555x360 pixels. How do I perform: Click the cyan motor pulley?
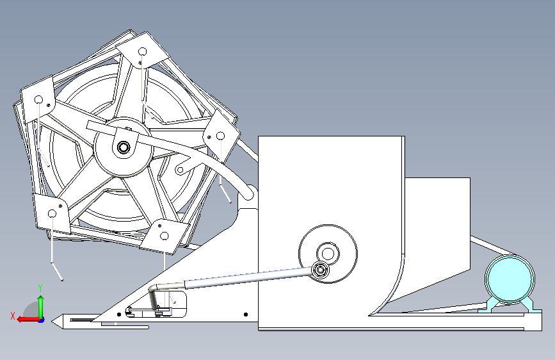click(510, 279)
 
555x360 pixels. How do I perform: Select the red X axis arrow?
click(29, 320)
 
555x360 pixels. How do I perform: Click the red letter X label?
click(13, 316)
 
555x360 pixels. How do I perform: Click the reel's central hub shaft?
click(124, 147)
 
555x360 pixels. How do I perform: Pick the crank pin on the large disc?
click(320, 270)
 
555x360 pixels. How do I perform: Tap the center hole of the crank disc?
click(328, 254)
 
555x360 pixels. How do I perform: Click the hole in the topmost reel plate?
click(143, 52)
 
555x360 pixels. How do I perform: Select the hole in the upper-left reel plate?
click(38, 100)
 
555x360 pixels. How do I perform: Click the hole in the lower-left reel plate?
click(52, 214)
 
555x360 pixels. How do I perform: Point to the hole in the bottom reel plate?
click(165, 236)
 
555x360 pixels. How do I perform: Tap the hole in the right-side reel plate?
click(220, 136)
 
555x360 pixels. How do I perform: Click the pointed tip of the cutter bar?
click(52, 322)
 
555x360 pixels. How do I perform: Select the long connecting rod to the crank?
click(248, 277)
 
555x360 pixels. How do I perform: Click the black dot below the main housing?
click(246, 315)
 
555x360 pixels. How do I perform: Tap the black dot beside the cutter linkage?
click(119, 315)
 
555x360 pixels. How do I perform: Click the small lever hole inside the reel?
click(180, 170)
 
